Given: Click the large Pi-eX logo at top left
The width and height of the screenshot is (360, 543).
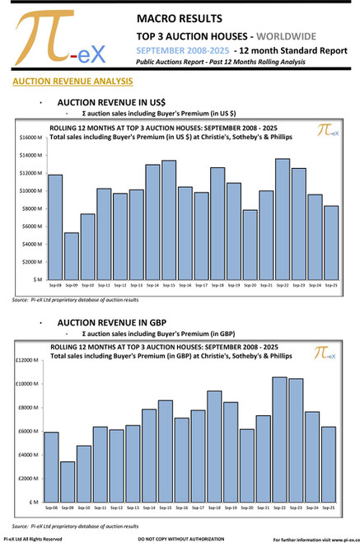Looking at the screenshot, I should pos(58,40).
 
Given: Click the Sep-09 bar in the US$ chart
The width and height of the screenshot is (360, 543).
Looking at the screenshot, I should pos(72,256).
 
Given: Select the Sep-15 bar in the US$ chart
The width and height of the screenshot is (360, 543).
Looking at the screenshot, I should pos(168,220).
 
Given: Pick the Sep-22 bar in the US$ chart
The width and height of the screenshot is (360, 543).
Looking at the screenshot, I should pos(282,219).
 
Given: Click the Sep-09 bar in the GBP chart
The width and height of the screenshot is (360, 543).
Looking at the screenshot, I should pos(67,481).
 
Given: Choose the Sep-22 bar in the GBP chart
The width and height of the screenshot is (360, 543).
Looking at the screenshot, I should pos(280,439).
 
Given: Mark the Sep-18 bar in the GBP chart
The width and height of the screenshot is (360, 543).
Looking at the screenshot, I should pos(214,446).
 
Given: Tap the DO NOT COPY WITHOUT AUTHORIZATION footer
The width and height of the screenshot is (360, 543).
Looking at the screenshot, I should pos(178,538).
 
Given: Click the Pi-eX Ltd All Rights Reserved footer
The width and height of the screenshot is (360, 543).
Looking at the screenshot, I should pos(33,538).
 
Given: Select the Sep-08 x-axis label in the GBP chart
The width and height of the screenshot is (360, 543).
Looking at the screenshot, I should pos(51,508).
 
